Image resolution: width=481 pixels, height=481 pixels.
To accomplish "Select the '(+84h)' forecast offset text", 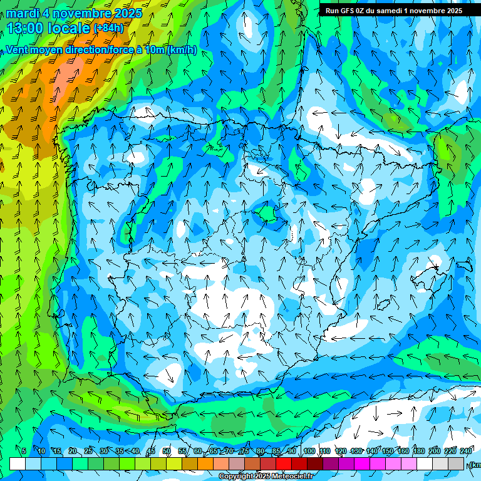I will coord(108,28).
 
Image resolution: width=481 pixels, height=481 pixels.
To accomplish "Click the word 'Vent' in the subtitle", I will coord(19,50).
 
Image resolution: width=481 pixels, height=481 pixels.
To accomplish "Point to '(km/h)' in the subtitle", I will coord(182,50).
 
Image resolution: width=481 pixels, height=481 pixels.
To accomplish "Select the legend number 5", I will coord(24,452).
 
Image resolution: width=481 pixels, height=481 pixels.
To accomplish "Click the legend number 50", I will coord(167,452).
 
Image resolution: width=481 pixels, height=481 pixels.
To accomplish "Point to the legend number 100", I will coord(309,452).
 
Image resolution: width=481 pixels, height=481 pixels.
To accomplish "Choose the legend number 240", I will coord(466,452).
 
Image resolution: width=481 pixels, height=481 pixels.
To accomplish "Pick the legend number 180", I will coord(418,452).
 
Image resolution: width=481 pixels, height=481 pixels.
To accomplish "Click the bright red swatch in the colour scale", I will coord(284,463).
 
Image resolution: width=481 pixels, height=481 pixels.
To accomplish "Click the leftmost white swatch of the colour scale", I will coord(18,463).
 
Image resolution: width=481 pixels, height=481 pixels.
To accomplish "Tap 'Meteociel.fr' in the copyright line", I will coord(292,477).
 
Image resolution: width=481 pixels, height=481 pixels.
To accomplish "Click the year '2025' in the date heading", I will coord(128,13).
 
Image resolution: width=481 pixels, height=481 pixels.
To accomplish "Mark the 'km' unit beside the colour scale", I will coord(475,465).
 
